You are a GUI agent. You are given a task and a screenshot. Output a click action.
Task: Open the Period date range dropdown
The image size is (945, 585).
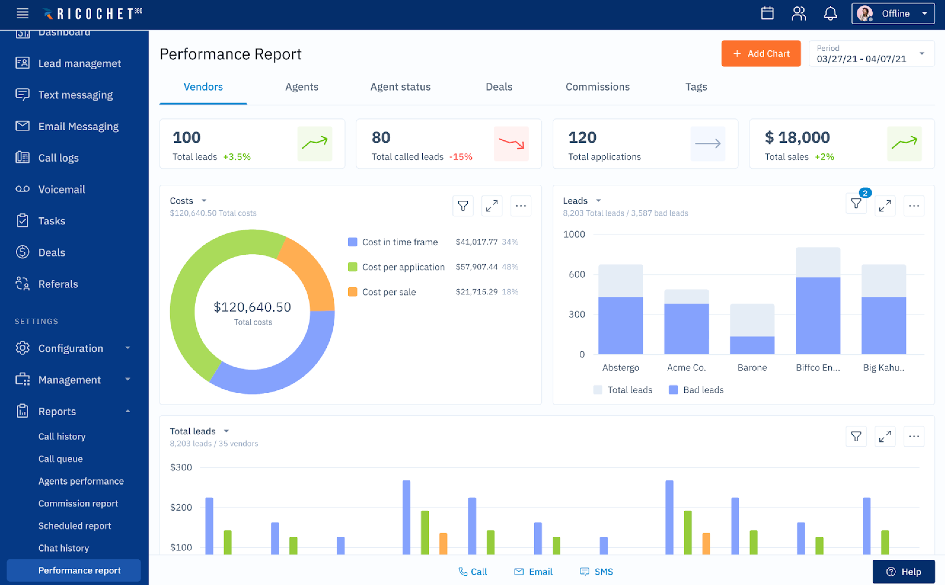(x=871, y=54)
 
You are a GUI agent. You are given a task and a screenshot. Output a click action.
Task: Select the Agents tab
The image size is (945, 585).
(x=302, y=87)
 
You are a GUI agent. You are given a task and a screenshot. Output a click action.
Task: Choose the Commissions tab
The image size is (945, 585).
(x=597, y=87)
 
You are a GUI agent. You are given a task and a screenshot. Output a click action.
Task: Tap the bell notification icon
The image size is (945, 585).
(x=830, y=13)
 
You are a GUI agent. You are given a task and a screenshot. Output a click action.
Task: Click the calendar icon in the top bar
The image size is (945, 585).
(x=767, y=13)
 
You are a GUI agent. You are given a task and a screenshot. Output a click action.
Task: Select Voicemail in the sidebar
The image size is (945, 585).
(x=62, y=189)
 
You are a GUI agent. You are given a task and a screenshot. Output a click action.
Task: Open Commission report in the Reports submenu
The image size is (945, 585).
(x=78, y=503)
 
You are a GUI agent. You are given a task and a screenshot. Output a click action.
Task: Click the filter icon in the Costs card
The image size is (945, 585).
(x=463, y=206)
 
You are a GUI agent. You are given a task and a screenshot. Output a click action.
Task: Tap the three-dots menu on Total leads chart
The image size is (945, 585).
(x=914, y=436)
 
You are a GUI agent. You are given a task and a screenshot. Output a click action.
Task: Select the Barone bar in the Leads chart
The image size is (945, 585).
(x=752, y=329)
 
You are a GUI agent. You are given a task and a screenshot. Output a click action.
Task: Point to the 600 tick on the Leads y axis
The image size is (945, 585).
(x=576, y=274)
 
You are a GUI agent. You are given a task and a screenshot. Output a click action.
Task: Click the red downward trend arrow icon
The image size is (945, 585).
(x=511, y=143)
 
